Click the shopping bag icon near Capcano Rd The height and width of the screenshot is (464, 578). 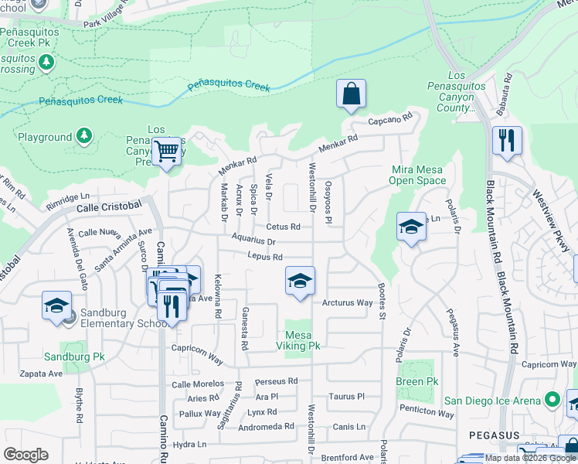[351, 94]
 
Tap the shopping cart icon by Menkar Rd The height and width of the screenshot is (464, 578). [166, 152]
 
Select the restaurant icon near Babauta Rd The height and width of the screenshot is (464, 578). [507, 141]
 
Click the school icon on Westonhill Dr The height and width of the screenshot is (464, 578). [300, 281]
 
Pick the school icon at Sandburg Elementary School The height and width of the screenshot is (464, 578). [57, 306]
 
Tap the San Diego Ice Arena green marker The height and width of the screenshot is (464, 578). [552, 401]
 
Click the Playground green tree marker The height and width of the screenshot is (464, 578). [83, 137]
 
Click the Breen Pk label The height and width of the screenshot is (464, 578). [415, 382]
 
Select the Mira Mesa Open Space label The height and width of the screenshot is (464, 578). [419, 175]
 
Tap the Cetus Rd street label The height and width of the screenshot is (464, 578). [283, 227]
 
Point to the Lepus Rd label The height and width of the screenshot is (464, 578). [265, 257]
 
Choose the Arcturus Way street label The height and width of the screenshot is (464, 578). [348, 302]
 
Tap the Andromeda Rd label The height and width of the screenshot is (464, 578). [267, 426]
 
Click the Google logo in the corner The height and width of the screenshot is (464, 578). [26, 455]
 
